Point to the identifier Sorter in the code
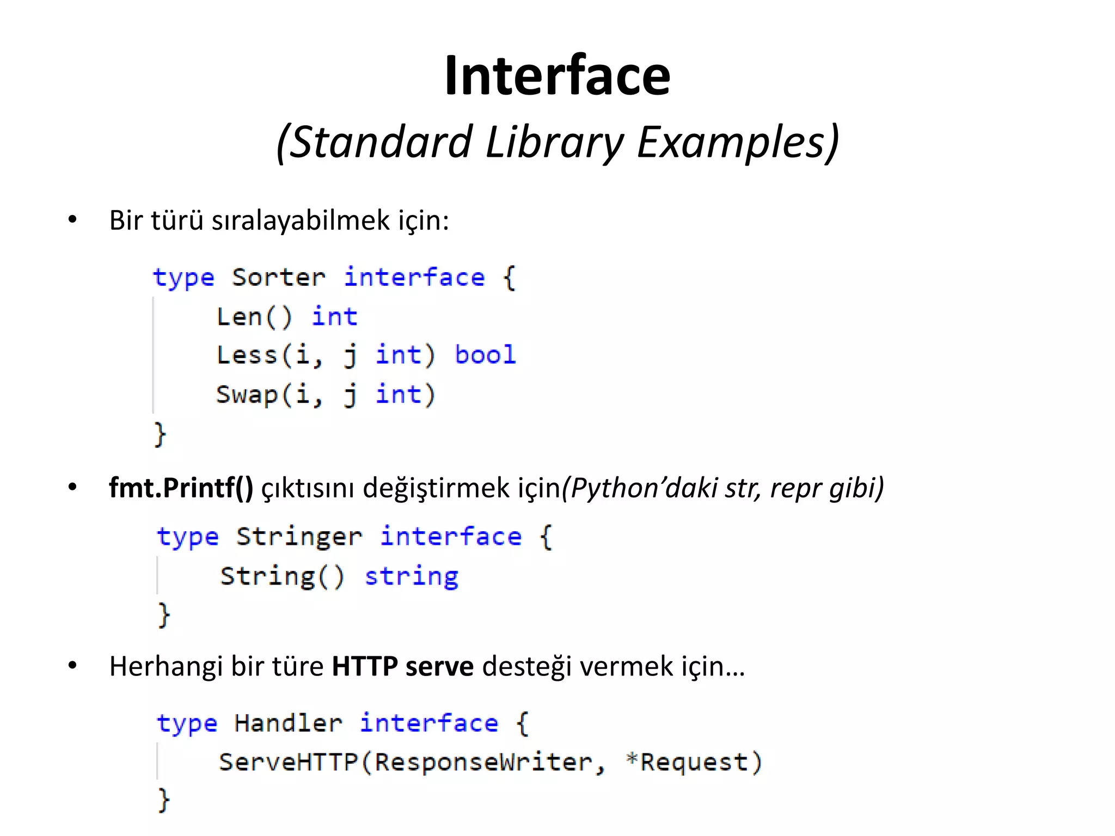click(278, 278)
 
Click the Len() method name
click(254, 317)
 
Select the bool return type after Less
click(485, 355)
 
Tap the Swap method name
click(247, 395)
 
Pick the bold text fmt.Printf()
click(181, 488)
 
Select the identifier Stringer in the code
click(299, 537)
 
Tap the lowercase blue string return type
click(412, 576)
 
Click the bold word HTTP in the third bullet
click(365, 666)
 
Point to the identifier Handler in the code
click(288, 723)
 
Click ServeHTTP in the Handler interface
click(288, 762)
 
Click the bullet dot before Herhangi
click(72, 666)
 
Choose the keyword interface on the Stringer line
click(451, 537)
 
